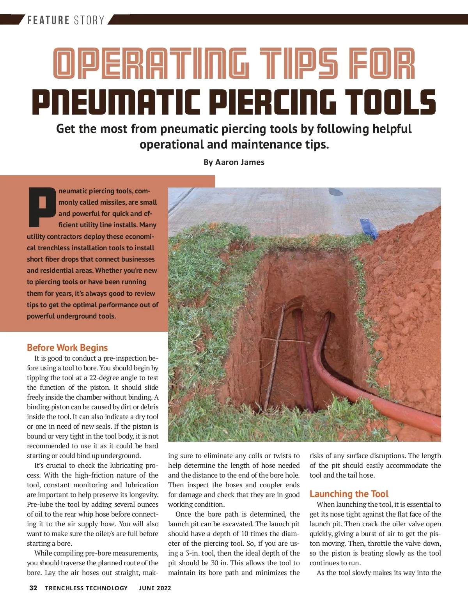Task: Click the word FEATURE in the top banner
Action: click(48, 20)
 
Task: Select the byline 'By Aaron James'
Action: click(234, 162)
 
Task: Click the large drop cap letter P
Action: click(42, 207)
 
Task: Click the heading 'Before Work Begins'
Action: click(67, 347)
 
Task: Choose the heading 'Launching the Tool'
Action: click(349, 494)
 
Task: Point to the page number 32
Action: click(34, 588)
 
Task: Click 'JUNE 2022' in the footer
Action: click(155, 588)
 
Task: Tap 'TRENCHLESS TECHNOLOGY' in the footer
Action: click(86, 588)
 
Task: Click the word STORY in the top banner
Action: click(89, 20)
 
